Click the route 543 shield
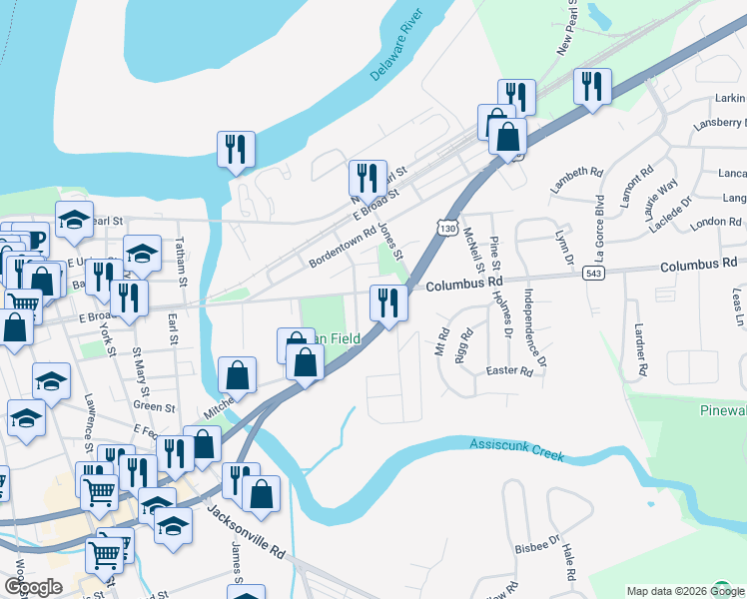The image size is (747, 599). (594, 273)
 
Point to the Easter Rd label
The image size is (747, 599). (509, 370)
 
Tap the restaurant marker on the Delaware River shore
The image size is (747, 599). (237, 150)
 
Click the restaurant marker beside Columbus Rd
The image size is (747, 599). (388, 302)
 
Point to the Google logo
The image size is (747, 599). (33, 587)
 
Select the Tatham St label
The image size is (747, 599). (182, 262)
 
